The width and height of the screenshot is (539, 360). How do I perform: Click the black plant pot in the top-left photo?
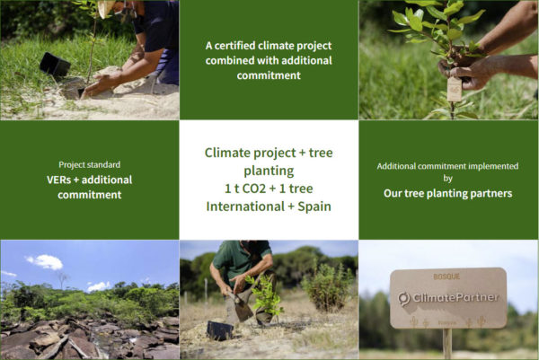(55, 65)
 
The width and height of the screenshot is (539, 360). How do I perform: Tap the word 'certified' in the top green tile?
(234, 46)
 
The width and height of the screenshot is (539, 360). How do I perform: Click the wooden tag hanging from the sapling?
(454, 89)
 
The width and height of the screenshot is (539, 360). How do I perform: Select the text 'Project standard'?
(89, 164)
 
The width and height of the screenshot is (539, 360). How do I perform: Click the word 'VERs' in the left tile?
(58, 180)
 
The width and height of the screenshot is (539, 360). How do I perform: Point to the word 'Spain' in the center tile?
(314, 206)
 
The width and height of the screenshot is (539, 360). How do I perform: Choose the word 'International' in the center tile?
(245, 206)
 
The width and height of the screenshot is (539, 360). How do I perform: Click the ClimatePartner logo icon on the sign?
(404, 298)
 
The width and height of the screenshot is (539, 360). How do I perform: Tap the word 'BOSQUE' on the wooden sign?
(446, 277)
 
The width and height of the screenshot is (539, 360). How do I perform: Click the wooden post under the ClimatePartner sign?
(447, 344)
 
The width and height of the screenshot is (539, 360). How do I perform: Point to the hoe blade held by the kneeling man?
(243, 308)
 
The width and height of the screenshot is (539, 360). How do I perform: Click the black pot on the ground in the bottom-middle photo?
(220, 330)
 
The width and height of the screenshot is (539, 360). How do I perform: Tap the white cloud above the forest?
(46, 262)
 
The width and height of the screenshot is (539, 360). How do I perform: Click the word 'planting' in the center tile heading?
(269, 171)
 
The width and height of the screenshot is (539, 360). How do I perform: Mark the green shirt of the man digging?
(242, 257)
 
